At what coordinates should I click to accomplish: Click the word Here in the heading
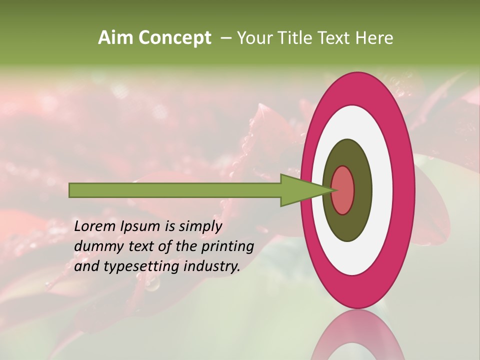click(374, 38)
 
